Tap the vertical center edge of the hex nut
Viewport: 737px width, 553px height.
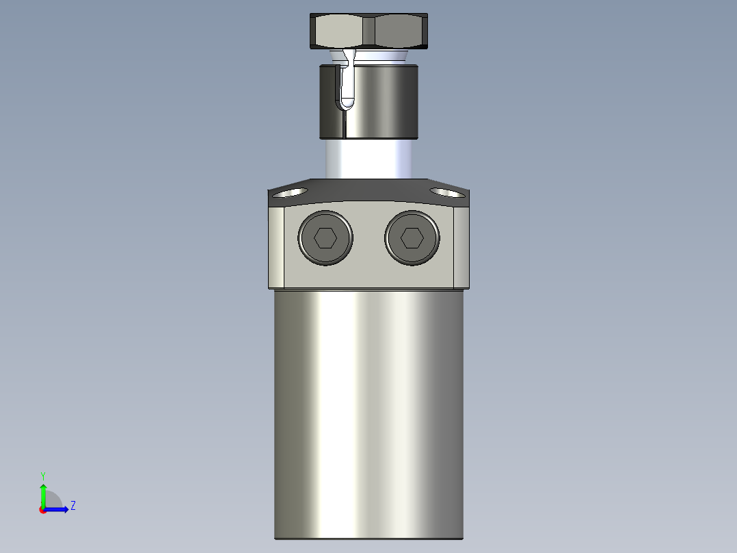pyautogui.click(x=369, y=31)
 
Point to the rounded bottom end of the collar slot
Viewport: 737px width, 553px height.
pyautogui.click(x=347, y=105)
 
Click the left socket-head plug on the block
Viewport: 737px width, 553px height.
pyautogui.click(x=325, y=238)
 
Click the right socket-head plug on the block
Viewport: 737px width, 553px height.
pyautogui.click(x=412, y=238)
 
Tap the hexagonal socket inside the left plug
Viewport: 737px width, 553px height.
pyautogui.click(x=325, y=238)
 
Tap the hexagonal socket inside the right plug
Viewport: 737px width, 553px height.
pyautogui.click(x=412, y=238)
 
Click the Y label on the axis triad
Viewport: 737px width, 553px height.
pyautogui.click(x=42, y=475)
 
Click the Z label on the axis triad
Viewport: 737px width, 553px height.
pyautogui.click(x=72, y=506)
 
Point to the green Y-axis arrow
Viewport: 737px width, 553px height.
pyautogui.click(x=43, y=494)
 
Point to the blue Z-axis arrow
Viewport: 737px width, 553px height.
pyautogui.click(x=59, y=509)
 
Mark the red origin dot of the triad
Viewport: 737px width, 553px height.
pyautogui.click(x=43, y=510)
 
